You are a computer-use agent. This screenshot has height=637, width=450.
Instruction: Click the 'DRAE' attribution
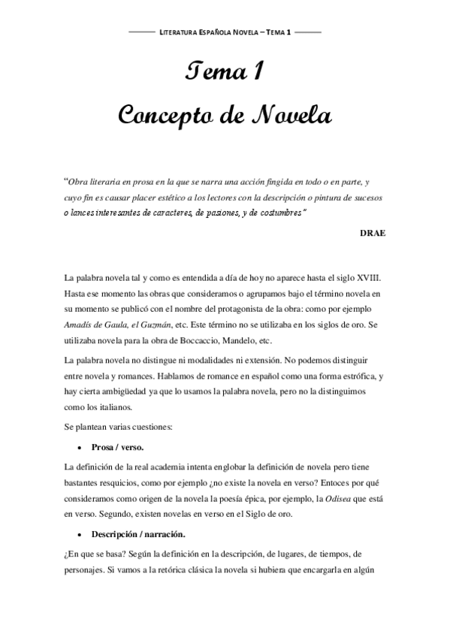373,233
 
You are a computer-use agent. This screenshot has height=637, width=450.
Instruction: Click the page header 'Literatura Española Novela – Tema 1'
225,34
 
